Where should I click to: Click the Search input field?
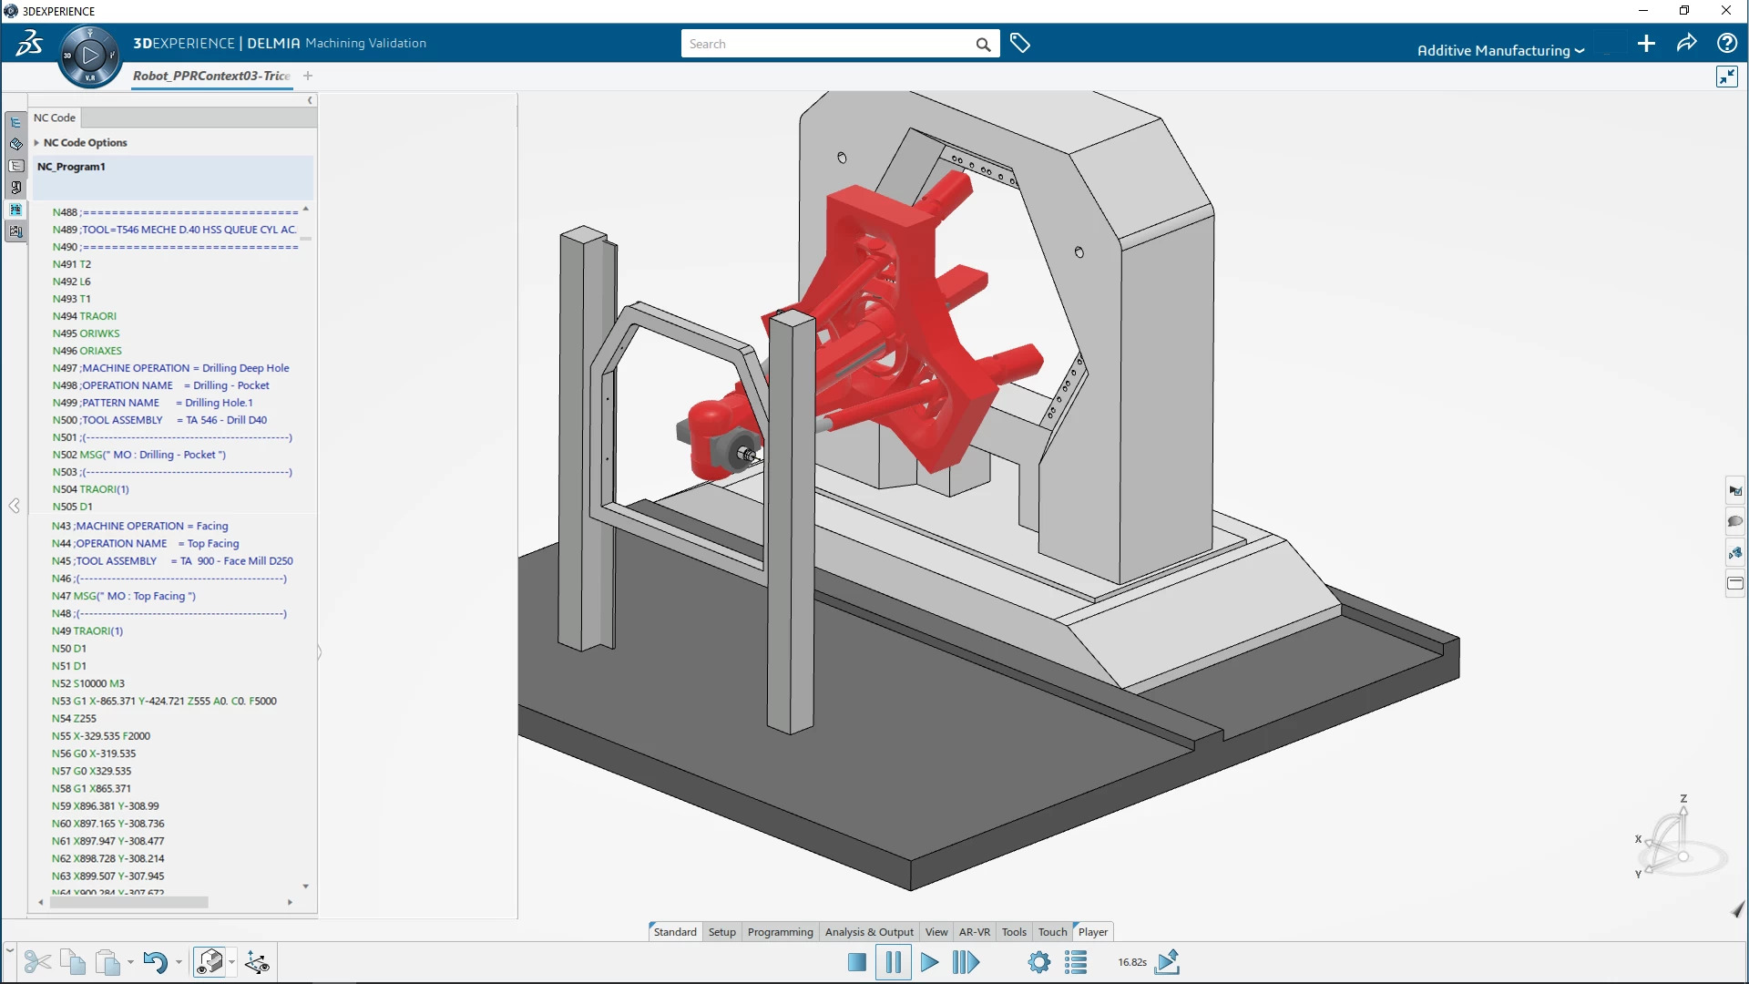[829, 44]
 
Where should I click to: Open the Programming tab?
[780, 932]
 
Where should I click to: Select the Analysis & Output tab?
[869, 932]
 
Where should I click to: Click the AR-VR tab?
[974, 932]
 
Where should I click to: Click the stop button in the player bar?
[856, 962]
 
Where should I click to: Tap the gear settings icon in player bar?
[1038, 962]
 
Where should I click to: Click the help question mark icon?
[1726, 43]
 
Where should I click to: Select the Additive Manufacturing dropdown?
[1500, 51]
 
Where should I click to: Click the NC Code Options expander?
[36, 143]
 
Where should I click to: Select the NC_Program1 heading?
[71, 167]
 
